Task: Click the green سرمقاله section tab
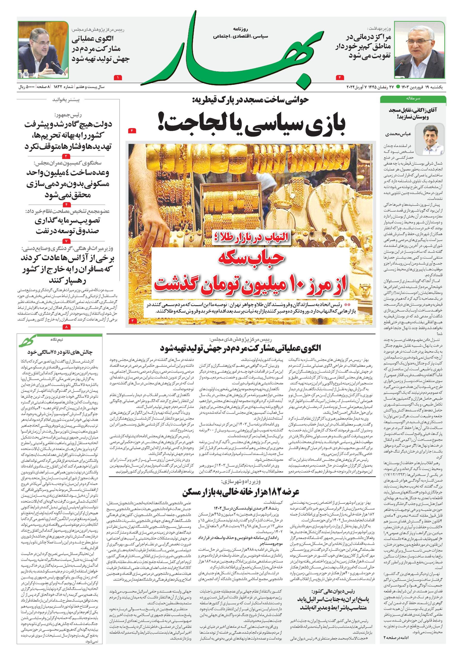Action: [413, 98]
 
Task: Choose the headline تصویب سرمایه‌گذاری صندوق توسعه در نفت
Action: [67, 226]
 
